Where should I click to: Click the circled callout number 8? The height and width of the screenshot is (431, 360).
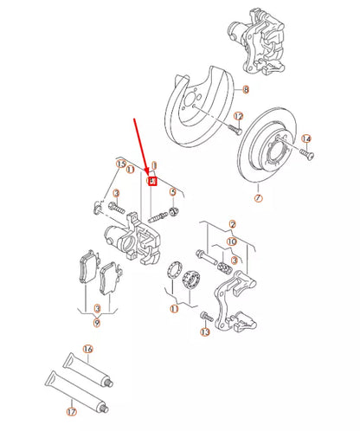click(245, 90)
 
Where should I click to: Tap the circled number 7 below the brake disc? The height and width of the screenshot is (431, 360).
click(256, 198)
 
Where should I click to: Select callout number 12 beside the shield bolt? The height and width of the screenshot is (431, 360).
click(238, 116)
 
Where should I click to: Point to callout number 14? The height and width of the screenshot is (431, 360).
click(306, 138)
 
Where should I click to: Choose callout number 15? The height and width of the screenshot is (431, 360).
click(121, 164)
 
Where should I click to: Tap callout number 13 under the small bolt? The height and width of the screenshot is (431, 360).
click(205, 331)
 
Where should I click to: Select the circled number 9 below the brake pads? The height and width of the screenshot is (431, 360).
click(98, 322)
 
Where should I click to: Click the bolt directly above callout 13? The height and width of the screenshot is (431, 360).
click(205, 315)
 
